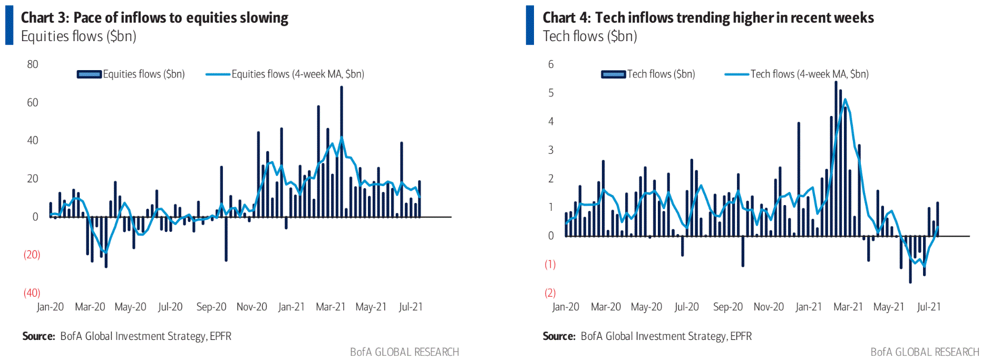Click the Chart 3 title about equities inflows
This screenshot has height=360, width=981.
(154, 18)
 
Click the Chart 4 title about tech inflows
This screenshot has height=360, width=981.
(708, 18)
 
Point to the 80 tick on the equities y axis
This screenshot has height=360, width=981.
(33, 64)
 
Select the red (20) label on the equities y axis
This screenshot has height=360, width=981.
(32, 255)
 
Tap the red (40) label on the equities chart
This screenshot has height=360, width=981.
(32, 293)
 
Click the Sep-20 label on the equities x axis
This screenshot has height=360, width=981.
(211, 307)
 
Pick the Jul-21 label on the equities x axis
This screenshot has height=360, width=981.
(411, 307)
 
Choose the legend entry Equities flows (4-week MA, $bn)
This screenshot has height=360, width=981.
(297, 74)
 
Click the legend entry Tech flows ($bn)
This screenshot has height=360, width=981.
(661, 74)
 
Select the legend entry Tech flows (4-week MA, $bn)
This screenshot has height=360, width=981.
(809, 74)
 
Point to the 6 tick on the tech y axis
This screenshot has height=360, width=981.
(551, 64)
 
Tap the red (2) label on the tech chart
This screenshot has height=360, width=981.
(550, 293)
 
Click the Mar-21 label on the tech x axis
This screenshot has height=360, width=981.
(848, 307)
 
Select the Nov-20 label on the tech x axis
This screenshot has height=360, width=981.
(769, 307)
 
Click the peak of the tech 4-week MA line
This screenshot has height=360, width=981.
(845, 99)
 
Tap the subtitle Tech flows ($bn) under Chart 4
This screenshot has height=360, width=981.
(590, 36)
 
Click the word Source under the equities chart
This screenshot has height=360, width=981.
(38, 336)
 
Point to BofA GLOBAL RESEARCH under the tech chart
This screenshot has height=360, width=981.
(925, 352)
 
